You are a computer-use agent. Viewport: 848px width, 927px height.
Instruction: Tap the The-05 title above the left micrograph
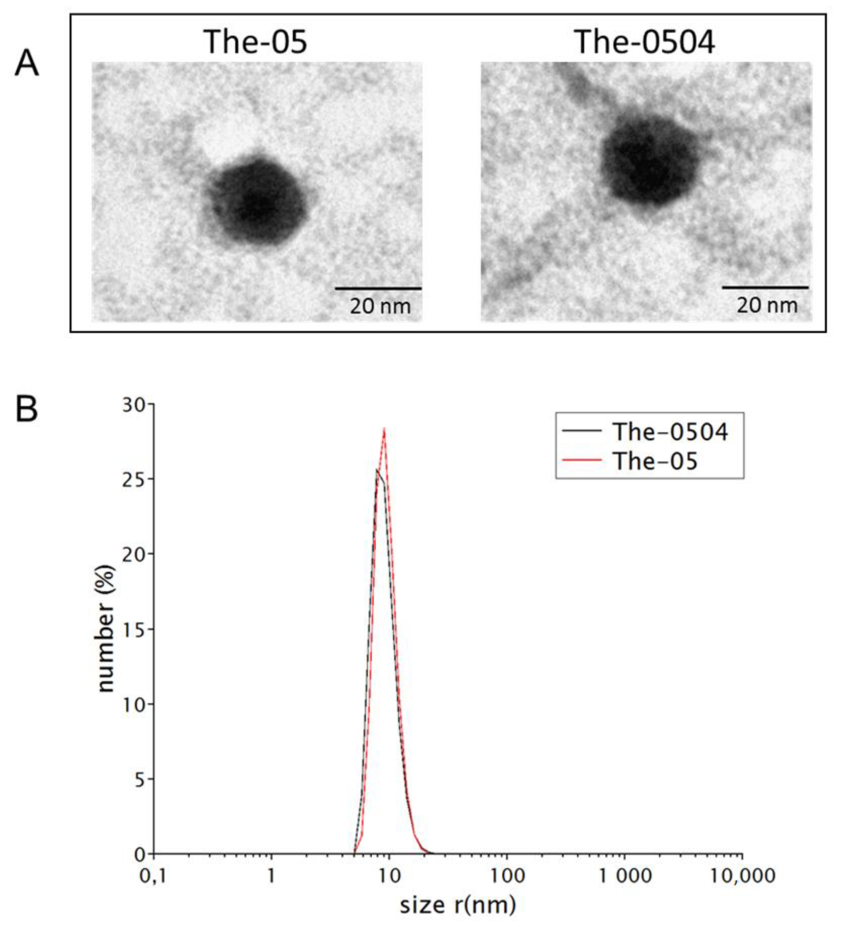[255, 42]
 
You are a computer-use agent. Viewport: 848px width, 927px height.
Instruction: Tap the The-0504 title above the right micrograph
[645, 42]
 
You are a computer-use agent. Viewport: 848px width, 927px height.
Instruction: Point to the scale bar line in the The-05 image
[378, 288]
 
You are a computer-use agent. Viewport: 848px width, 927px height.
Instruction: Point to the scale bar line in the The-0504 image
[765, 287]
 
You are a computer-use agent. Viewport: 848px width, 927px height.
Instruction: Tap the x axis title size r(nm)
[458, 905]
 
